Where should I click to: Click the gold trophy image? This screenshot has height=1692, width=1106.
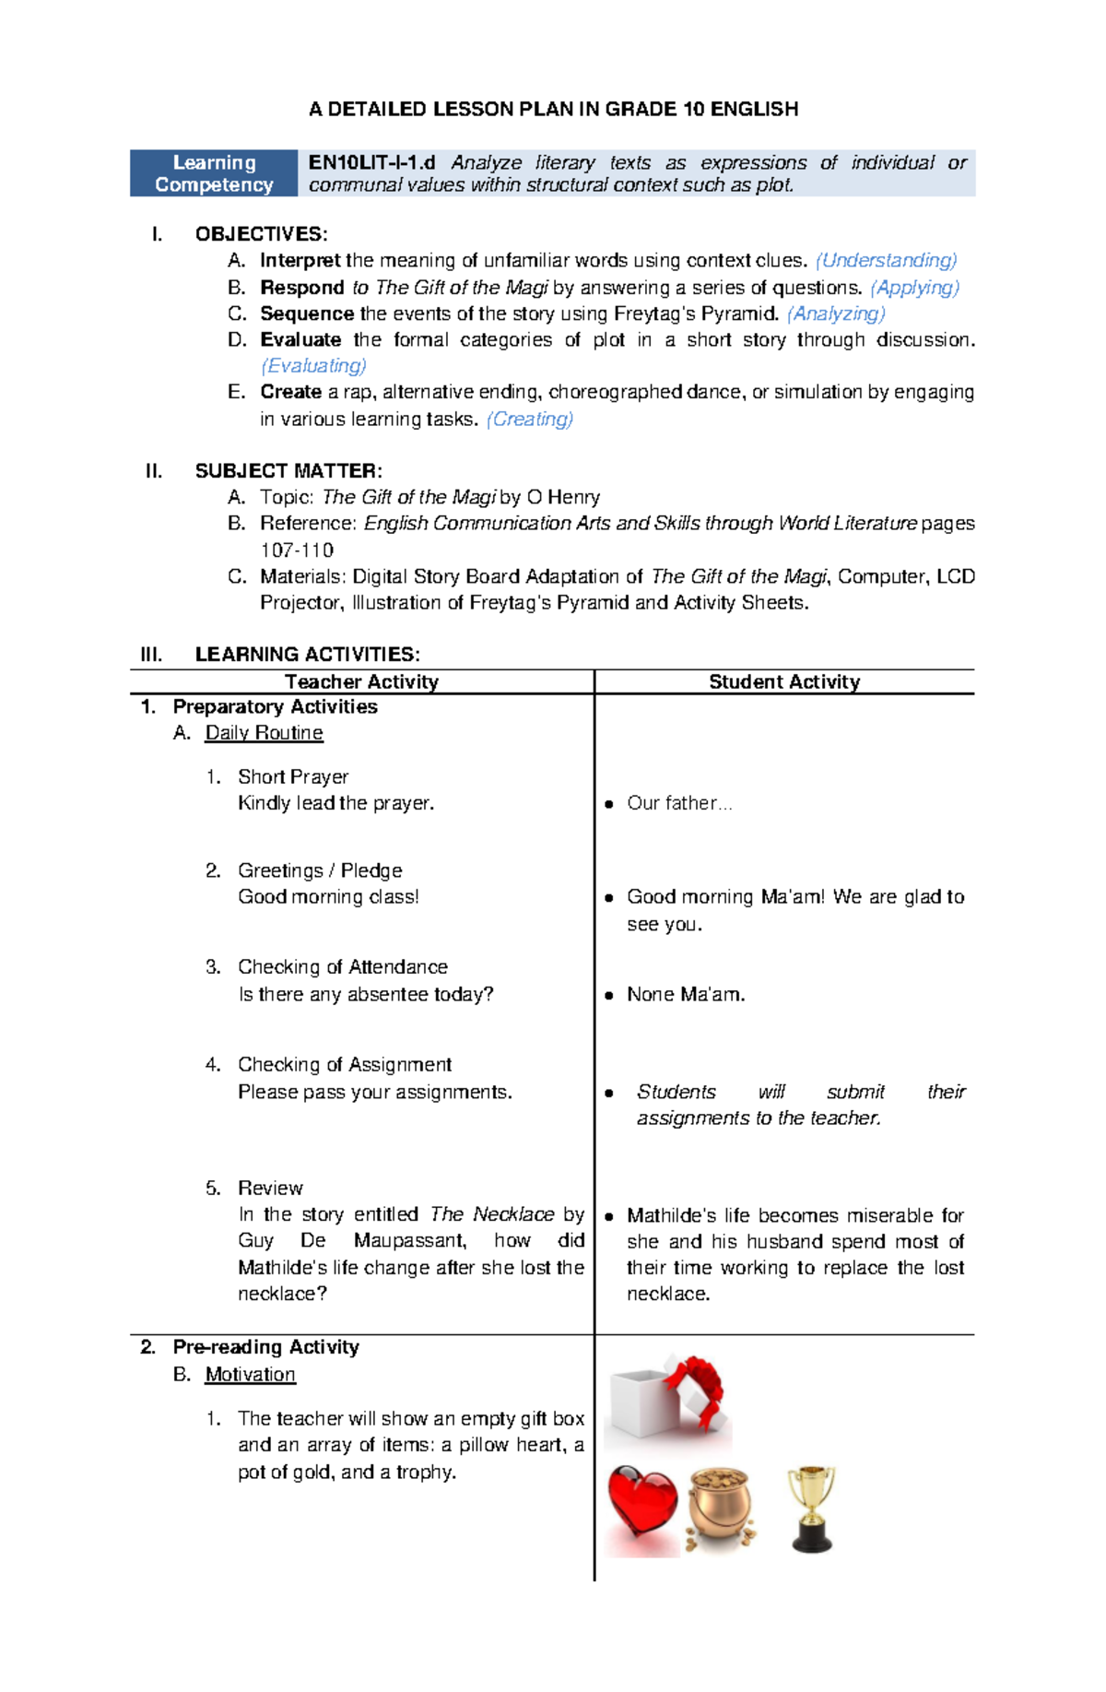pyautogui.click(x=811, y=1509)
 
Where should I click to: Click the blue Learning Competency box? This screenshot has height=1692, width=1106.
pyautogui.click(x=214, y=173)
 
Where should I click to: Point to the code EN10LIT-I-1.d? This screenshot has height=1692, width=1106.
pyautogui.click(x=371, y=163)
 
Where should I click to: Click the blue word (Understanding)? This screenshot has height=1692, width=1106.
pyautogui.click(x=887, y=261)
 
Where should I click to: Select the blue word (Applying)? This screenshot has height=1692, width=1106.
pyautogui.click(x=914, y=288)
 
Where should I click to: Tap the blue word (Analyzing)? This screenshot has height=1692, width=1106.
pyautogui.click(x=836, y=314)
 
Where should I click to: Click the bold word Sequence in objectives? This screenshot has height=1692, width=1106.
pyautogui.click(x=307, y=314)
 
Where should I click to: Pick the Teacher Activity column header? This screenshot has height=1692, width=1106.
pyautogui.click(x=361, y=681)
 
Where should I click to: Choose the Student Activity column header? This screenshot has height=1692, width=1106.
pyautogui.click(x=784, y=681)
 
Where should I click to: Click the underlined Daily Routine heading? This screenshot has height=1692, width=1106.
pyautogui.click(x=264, y=733)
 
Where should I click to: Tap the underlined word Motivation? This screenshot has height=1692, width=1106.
pyautogui.click(x=250, y=1375)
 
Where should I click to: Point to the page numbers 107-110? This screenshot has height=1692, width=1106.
pyautogui.click(x=297, y=550)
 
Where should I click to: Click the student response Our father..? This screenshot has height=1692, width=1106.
pyautogui.click(x=679, y=803)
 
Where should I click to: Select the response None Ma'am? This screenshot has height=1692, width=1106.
pyautogui.click(x=686, y=995)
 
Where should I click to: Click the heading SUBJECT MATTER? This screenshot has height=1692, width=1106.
pyautogui.click(x=288, y=471)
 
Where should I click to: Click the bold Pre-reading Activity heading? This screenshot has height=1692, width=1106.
pyautogui.click(x=265, y=1347)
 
